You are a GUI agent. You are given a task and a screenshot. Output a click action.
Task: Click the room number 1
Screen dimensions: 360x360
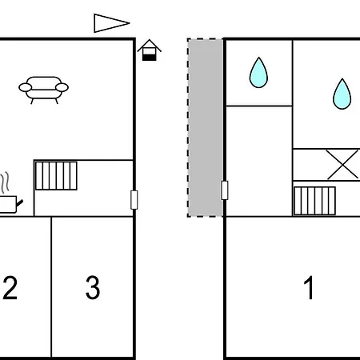(309, 288)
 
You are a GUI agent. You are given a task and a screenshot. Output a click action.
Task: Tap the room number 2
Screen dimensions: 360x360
(10, 288)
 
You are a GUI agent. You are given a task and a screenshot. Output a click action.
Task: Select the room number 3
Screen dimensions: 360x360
(93, 288)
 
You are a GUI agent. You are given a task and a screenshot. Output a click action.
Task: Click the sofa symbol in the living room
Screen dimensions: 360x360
(43, 90)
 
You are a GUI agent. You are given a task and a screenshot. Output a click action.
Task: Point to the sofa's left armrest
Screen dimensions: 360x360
(26, 87)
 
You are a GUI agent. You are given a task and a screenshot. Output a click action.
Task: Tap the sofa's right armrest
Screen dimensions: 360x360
(62, 87)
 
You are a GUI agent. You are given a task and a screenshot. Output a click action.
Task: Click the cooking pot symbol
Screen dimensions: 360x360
(10, 204)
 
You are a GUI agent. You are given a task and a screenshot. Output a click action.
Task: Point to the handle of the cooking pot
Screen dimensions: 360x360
(20, 203)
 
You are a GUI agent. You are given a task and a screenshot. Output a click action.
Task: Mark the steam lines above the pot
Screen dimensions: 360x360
(5, 182)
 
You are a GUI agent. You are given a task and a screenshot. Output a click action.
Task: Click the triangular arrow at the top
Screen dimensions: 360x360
(111, 23)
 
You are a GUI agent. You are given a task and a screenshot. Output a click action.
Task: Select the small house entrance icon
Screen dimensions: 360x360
(150, 50)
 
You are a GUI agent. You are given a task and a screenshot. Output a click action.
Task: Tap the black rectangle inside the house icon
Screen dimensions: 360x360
(150, 57)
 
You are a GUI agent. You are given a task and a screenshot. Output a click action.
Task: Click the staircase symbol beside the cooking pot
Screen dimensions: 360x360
(56, 176)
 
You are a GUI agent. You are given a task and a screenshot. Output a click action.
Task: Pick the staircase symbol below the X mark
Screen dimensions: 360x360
(314, 201)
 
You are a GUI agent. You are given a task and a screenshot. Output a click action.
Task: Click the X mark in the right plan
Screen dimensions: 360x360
(342, 165)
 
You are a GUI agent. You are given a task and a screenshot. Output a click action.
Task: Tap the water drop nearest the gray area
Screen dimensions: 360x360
(258, 73)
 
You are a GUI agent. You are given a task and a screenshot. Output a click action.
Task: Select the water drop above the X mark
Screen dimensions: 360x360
(342, 94)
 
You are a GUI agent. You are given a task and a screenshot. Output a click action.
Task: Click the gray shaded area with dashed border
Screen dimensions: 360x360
(206, 128)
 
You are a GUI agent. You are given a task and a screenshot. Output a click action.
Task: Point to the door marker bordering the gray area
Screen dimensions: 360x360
(225, 190)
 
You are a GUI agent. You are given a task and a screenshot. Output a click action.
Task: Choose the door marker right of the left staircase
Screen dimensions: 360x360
(134, 200)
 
